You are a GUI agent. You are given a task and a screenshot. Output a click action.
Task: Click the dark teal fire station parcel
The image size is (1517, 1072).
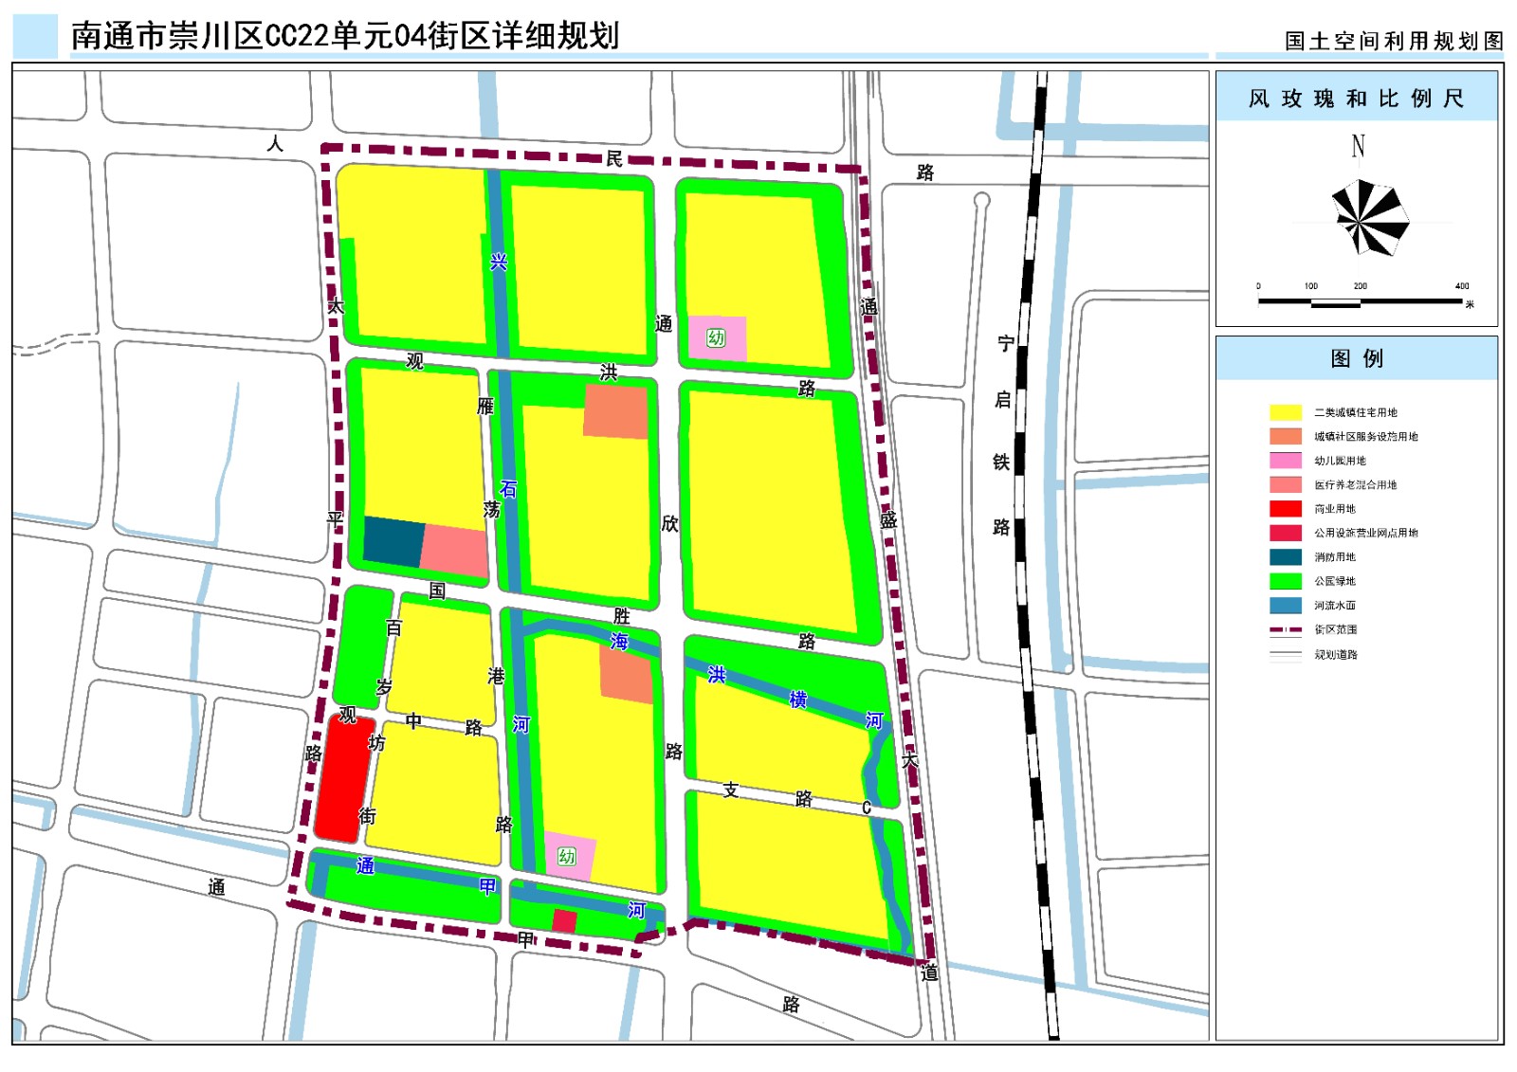[x=393, y=541]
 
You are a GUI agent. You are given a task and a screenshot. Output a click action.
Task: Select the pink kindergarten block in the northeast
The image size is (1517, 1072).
[x=717, y=338]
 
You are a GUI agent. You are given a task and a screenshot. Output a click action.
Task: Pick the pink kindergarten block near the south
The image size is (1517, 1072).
[x=568, y=856]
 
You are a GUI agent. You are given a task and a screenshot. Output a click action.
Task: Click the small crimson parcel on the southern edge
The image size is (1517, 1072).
[x=564, y=920]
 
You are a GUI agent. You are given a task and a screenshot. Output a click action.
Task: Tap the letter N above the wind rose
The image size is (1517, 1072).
[x=1358, y=146]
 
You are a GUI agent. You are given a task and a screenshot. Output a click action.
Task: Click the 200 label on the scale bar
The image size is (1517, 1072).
[x=1360, y=286]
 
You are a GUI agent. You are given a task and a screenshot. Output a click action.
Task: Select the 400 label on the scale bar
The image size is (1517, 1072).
[x=1461, y=286]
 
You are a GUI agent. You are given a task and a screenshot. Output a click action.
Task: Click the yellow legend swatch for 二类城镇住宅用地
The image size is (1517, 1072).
[x=1285, y=412]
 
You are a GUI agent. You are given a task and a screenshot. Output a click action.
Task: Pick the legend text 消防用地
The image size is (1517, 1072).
[x=1334, y=557]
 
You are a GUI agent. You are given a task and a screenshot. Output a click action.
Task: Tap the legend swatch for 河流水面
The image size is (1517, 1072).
[x=1285, y=606]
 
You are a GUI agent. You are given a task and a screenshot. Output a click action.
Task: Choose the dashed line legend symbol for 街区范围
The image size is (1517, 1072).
[x=1285, y=629]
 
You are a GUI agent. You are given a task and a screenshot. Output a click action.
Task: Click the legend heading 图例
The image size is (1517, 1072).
[x=1356, y=358]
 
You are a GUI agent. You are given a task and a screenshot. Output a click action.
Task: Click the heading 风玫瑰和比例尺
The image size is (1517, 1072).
[x=1356, y=99]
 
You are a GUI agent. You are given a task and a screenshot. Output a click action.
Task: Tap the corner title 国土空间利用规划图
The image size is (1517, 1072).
[x=1394, y=41]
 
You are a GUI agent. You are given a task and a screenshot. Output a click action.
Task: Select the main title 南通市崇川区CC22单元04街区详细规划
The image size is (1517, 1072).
[x=345, y=36]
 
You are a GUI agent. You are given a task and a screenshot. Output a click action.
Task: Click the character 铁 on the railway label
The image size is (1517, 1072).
[x=1001, y=462]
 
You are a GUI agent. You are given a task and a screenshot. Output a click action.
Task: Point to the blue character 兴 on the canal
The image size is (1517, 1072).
[x=499, y=262]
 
